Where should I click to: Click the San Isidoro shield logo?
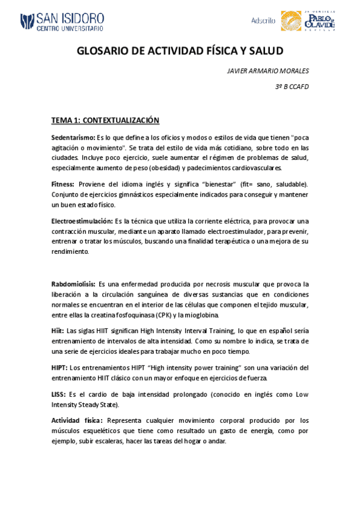click(x=26, y=22)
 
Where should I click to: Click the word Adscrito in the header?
click(x=263, y=20)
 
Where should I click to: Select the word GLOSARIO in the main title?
click(x=102, y=52)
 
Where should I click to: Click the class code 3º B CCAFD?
click(x=291, y=87)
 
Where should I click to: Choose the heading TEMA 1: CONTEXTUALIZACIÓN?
click(x=105, y=120)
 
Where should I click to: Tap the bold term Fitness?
click(x=63, y=183)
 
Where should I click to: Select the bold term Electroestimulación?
click(x=82, y=221)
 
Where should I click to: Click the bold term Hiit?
click(x=58, y=330)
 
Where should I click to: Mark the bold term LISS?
click(x=58, y=395)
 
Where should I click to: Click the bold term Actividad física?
click(x=77, y=420)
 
